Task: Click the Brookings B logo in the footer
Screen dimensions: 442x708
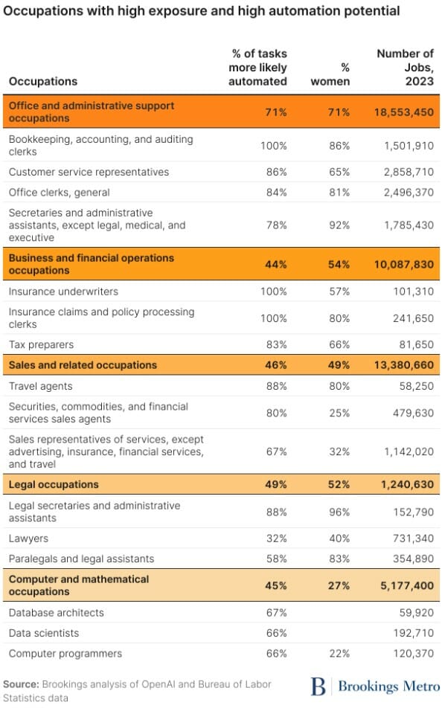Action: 318,686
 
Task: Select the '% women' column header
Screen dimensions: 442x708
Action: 330,74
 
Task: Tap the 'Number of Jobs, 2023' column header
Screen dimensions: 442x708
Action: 405,67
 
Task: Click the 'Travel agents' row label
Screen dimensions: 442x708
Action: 41,386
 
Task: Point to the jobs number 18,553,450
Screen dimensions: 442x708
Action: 403,112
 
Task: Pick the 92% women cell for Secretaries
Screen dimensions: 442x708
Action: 339,225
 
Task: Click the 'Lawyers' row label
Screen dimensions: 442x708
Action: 28,538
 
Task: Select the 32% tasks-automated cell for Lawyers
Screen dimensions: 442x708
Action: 277,538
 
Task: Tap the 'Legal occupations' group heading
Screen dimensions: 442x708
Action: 54,484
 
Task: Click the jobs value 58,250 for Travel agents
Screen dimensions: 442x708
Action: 416,386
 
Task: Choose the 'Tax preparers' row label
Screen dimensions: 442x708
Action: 41,344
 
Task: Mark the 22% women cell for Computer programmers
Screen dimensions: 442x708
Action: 339,654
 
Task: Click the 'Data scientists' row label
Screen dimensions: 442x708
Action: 44,633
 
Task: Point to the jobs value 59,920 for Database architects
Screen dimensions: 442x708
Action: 416,613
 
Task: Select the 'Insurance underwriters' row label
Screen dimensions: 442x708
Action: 63,292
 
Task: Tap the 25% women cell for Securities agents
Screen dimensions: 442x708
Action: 339,413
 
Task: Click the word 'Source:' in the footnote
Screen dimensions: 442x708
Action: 22,684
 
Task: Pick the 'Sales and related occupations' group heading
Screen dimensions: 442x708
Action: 83,365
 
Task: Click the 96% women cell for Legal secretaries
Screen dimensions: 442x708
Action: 339,512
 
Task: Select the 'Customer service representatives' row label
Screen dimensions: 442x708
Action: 89,172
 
